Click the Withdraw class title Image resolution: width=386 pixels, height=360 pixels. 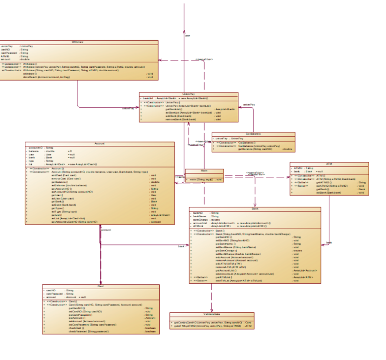(78, 42)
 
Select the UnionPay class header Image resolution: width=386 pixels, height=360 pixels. (188, 94)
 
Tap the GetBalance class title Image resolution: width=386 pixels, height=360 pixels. (253, 134)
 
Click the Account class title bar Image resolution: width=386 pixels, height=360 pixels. (99, 144)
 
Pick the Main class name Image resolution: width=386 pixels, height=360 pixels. (204, 171)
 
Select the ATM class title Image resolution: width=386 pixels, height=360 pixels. (329, 164)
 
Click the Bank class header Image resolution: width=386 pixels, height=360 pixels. (255, 209)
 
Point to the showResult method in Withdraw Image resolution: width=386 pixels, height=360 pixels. (46, 77)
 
